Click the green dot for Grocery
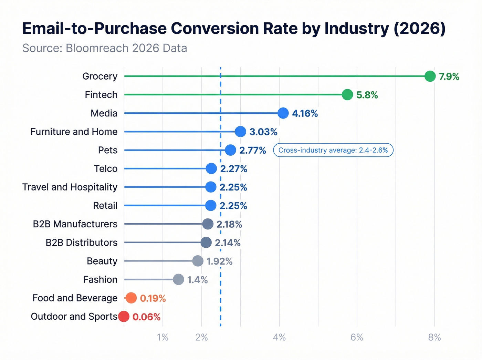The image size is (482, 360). point(430,76)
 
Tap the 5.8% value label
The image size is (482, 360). point(367,95)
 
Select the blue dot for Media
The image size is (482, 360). point(283,113)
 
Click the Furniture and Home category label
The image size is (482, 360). point(74,132)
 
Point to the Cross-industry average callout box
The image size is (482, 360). point(333,150)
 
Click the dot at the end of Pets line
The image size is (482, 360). point(230,150)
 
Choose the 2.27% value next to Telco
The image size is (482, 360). point(233,169)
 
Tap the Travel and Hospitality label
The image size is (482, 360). point(70,187)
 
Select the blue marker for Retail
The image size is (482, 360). point(211,205)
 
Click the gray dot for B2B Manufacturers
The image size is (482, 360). point(208,224)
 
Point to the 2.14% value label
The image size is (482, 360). point(228,243)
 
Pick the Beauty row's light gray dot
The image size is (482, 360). point(198,261)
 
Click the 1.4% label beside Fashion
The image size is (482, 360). point(197,280)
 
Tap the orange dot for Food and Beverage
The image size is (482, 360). point(131,298)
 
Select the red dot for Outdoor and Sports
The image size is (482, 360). point(124,316)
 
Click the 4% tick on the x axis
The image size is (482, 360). point(279,337)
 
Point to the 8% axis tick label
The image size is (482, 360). point(434,337)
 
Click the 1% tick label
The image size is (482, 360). point(163,337)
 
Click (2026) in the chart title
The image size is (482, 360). point(419,28)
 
